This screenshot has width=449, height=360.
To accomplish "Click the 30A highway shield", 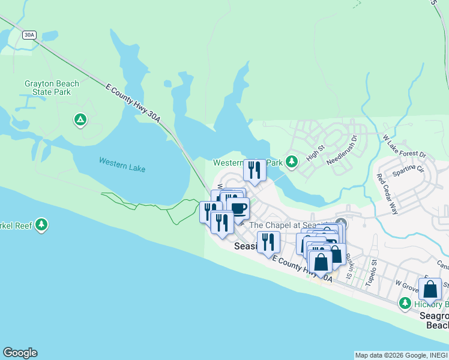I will coord(29,35).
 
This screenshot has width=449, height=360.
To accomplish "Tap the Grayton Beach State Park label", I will coord(47,88).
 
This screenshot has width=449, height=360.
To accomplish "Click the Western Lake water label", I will coord(122,164).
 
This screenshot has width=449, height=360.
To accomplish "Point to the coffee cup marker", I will coord(238,209).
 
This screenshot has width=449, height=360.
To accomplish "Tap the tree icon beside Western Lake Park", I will coord(292,161).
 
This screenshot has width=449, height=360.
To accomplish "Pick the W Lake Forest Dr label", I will coord(404,146).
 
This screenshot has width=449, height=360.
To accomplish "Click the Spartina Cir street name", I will coord(408,171).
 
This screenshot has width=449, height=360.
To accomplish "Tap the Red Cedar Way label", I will coord(387,194).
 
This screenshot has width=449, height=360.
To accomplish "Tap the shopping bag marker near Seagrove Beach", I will coord(430,289).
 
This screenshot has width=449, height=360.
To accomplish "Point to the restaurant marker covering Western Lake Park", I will coord(255,170).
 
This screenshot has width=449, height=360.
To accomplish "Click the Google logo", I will coord(20,353).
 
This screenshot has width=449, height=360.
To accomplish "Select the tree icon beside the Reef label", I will coord(41,225).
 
